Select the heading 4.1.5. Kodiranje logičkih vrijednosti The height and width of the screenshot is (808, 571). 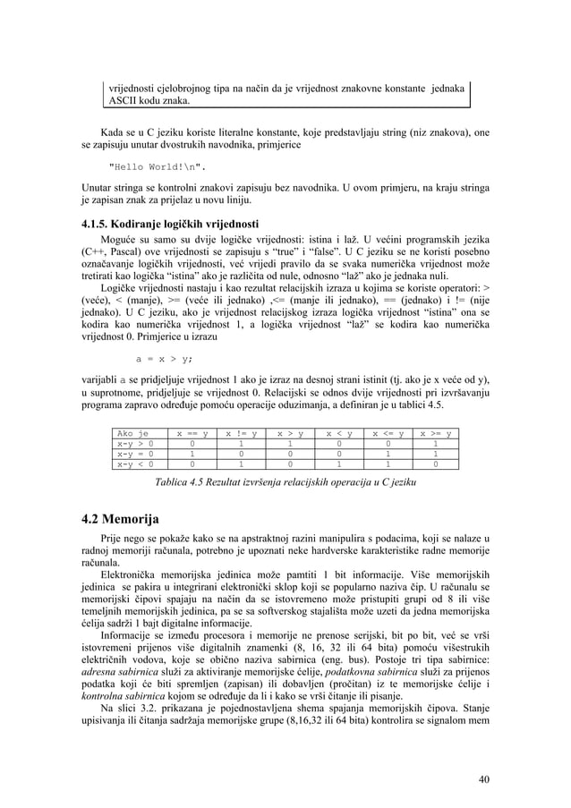tap(165, 223)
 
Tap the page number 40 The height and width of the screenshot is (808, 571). tap(483, 778)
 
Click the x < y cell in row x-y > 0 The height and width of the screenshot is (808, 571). tap(338, 443)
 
